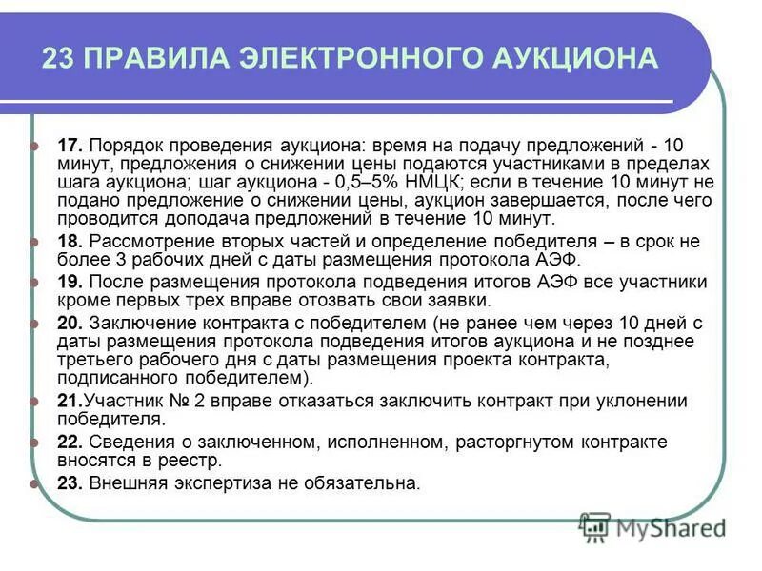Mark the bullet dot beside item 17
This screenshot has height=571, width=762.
[36, 147]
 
